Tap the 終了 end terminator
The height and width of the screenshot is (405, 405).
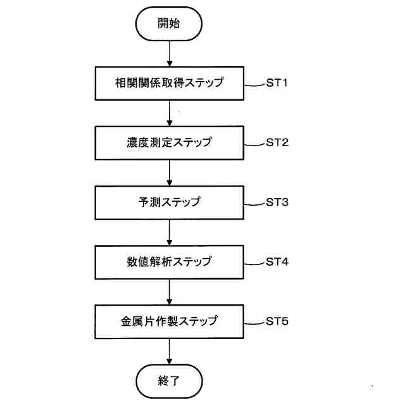tap(169, 382)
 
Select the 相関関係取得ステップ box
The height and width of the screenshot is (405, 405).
tap(169, 83)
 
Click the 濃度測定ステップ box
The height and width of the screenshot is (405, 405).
tap(169, 143)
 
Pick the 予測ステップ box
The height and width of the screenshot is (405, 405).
tap(169, 202)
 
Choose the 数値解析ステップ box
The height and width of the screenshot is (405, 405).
tap(169, 262)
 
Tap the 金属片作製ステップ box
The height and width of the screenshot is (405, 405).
tap(169, 321)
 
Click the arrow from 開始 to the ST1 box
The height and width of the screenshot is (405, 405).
tap(169, 53)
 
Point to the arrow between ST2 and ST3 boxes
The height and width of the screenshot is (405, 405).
tap(169, 173)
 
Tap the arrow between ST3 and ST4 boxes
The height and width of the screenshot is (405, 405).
tap(169, 232)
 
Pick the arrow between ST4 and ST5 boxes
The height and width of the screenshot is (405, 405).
tap(169, 292)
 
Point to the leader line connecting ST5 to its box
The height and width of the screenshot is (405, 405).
tap(254, 322)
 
